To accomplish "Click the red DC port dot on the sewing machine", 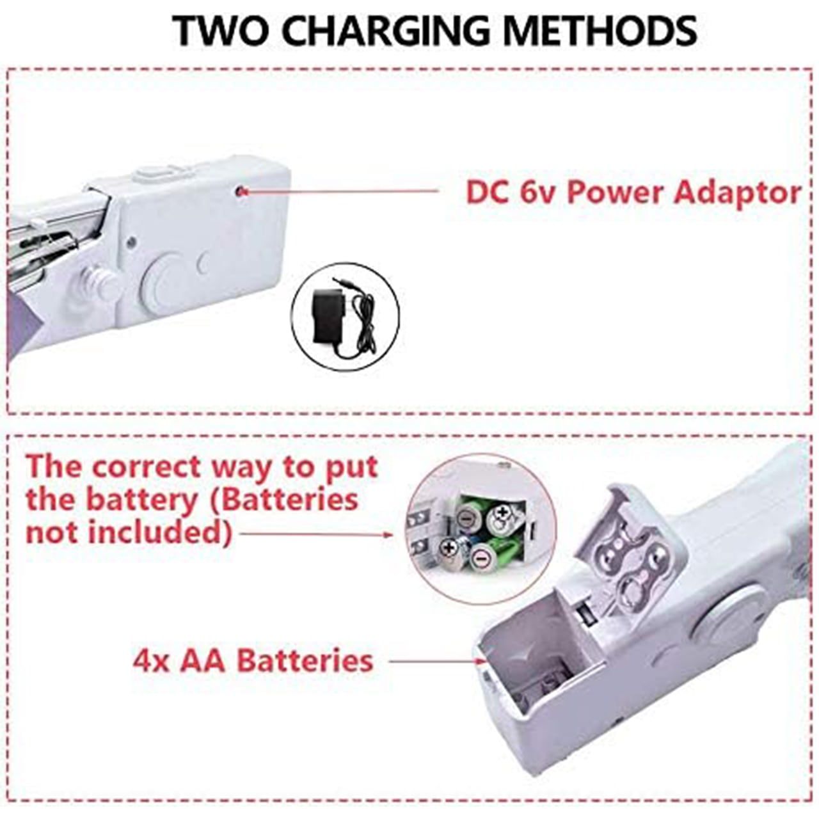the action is click(x=241, y=191).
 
